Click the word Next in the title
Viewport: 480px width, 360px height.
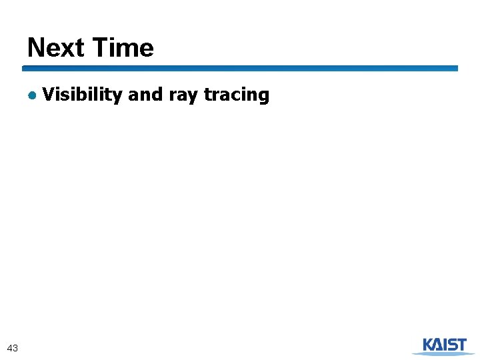click(56, 48)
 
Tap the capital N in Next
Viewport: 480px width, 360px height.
click(35, 48)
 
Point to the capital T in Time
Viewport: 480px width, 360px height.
click(100, 48)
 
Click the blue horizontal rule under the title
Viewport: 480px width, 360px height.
click(240, 68)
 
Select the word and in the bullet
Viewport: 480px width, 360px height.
click(145, 95)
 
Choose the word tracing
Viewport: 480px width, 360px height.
click(237, 95)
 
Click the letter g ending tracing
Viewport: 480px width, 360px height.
click(264, 97)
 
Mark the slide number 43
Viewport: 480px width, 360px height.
click(12, 347)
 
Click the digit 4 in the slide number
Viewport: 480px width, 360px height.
click(9, 347)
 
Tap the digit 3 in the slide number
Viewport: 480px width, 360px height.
click(15, 347)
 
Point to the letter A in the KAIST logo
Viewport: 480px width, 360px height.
click(440, 345)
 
